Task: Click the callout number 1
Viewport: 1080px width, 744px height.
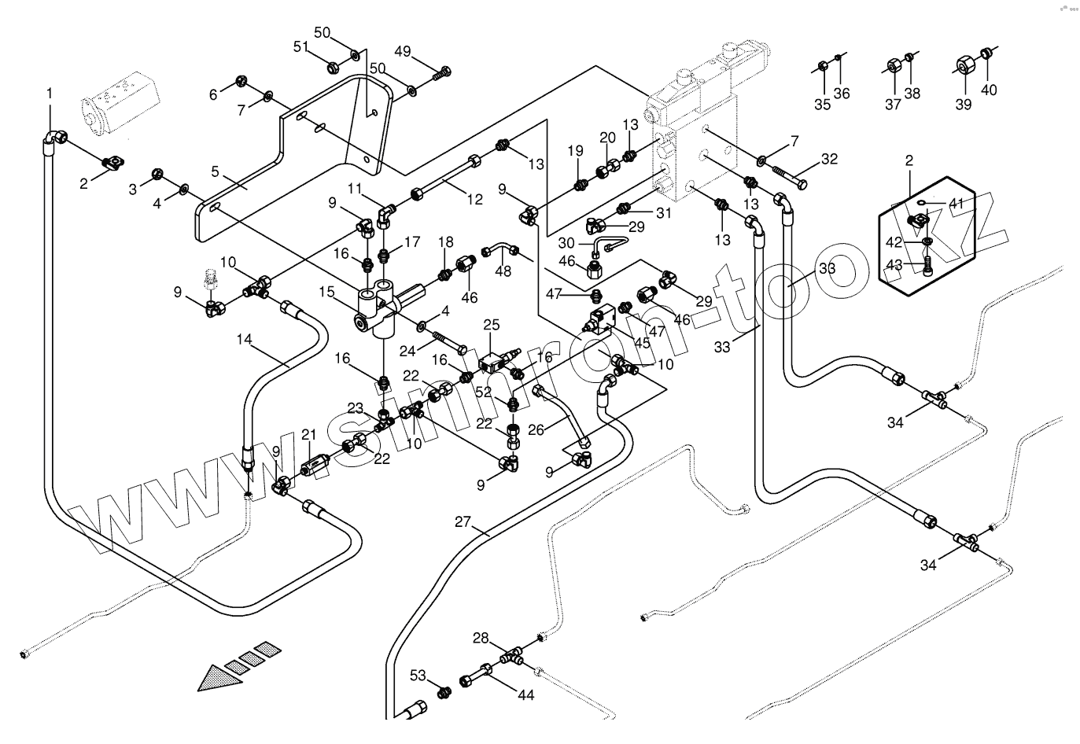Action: [50, 94]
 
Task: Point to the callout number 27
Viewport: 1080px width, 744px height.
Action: [463, 522]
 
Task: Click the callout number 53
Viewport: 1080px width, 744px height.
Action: [418, 675]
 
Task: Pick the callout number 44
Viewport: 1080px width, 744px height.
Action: [525, 694]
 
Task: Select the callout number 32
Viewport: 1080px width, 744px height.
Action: [829, 159]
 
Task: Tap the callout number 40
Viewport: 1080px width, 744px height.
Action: [989, 90]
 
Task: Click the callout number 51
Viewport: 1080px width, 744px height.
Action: [302, 47]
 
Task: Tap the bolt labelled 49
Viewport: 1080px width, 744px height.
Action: [444, 72]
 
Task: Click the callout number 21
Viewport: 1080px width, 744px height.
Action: [308, 434]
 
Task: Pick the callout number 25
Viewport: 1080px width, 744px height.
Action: [491, 324]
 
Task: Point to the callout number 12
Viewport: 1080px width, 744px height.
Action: [474, 199]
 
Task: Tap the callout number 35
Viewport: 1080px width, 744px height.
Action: [822, 105]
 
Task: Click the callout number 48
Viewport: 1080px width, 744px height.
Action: [503, 271]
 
